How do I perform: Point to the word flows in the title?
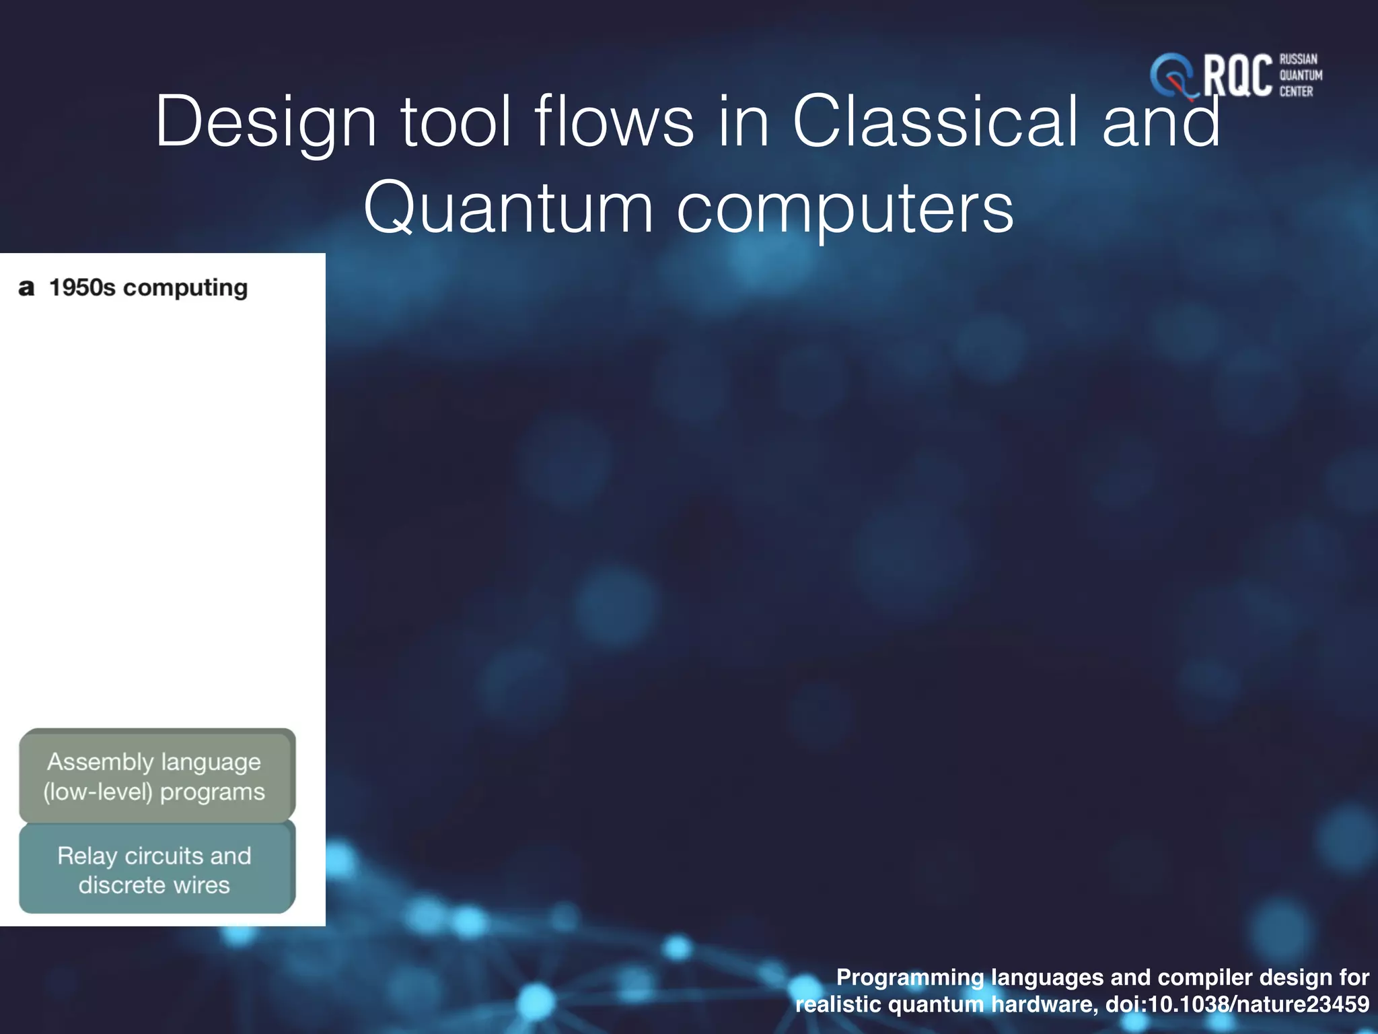(614, 121)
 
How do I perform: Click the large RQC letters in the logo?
(1237, 76)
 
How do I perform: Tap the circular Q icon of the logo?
(1172, 75)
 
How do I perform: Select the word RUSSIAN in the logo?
(1298, 59)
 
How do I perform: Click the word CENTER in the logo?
(1296, 92)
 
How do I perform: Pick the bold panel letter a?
(26, 288)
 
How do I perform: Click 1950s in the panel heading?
(82, 287)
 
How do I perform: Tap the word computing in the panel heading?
(186, 288)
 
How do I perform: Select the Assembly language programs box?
(157, 775)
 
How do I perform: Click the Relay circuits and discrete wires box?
(157, 869)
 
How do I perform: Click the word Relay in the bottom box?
(87, 856)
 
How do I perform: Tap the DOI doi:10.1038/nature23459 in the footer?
(1237, 1004)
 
